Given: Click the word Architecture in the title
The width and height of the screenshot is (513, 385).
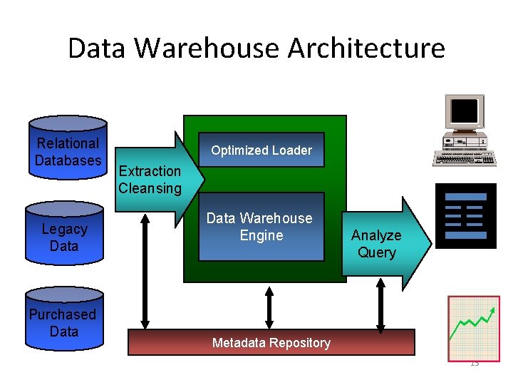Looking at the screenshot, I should click(x=366, y=48).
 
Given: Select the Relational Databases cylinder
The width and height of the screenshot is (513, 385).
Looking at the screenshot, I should click(x=68, y=148).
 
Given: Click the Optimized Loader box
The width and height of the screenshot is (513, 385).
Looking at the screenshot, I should click(x=261, y=150).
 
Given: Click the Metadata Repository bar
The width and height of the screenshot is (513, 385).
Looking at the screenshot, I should click(x=271, y=342).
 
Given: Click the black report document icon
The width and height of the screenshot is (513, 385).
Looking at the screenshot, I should click(x=465, y=215).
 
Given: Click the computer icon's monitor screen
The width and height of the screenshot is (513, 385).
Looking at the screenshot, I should click(x=465, y=111).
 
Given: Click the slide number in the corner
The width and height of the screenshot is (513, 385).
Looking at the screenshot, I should click(x=475, y=363).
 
